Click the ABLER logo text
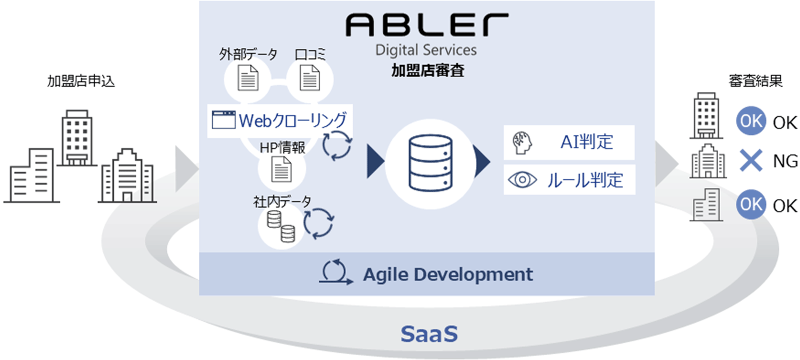click(426, 25)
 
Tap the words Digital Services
click(426, 50)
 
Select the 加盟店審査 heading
click(427, 70)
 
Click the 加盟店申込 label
click(81, 81)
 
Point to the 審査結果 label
click(755, 81)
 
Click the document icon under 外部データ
click(248, 79)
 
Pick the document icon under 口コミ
click(310, 79)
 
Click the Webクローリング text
click(292, 120)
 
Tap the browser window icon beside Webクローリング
click(223, 120)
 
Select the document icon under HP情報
click(281, 169)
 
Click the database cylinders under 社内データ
click(280, 226)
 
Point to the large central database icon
click(430, 162)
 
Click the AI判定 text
click(586, 142)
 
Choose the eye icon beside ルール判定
click(522, 179)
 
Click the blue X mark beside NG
click(750, 161)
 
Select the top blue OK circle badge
click(750, 121)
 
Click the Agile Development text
click(447, 274)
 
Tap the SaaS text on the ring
click(429, 334)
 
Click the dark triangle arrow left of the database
click(375, 161)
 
